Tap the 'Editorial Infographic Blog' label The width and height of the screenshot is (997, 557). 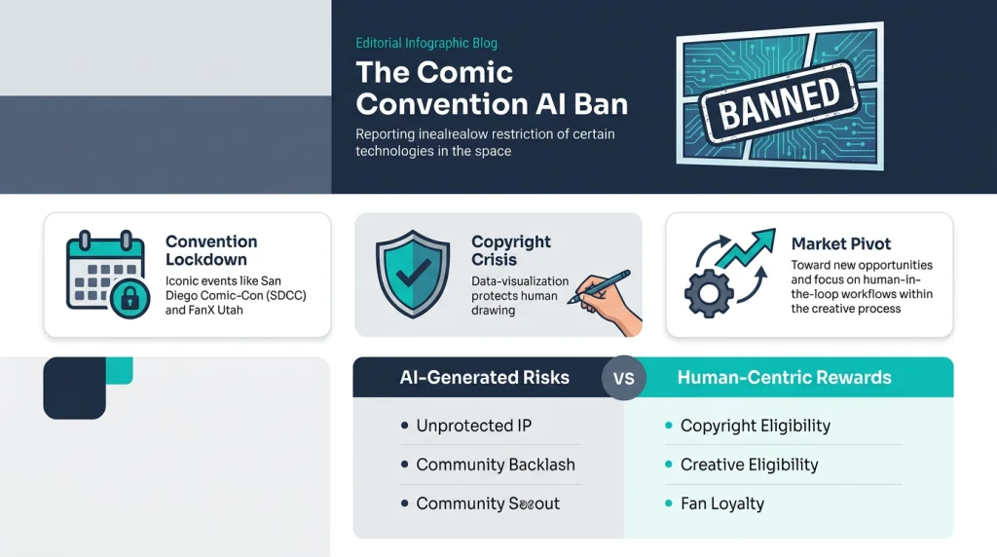click(x=426, y=44)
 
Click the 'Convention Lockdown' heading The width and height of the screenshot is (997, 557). click(x=211, y=250)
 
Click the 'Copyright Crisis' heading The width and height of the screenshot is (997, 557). click(x=511, y=250)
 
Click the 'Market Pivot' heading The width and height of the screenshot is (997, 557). click(x=841, y=243)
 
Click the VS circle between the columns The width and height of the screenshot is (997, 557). click(x=624, y=378)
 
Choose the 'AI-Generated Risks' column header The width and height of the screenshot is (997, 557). click(x=485, y=378)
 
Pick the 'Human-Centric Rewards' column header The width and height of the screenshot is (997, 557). click(x=784, y=378)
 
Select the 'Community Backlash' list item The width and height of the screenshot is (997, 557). click(x=495, y=464)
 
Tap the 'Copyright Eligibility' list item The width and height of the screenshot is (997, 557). click(x=755, y=426)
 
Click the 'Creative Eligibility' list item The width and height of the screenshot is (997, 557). click(x=749, y=464)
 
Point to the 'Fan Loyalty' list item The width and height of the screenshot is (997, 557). click(x=721, y=503)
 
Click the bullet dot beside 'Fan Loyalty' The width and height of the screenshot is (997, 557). click(x=669, y=503)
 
